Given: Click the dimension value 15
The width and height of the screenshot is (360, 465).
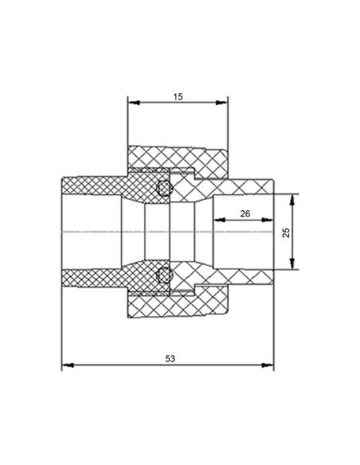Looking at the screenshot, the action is coord(178,96).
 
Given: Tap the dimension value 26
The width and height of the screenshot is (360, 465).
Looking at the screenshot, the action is coord(245,213).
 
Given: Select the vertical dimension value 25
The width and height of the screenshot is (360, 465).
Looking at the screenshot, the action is coord(287,232).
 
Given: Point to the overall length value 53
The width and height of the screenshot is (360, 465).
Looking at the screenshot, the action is coord(170,359).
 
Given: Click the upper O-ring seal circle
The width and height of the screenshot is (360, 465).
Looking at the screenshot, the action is coord(164,188).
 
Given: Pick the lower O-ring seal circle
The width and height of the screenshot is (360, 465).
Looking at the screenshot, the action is coord(164,275).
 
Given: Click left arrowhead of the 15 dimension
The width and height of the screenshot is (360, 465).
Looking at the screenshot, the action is coord(134,103).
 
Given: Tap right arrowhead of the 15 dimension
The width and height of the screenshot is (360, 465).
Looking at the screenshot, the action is coord(221,103).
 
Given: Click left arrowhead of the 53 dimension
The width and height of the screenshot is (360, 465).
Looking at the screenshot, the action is coord(68,365).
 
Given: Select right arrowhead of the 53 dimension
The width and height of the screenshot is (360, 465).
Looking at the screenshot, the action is coord(268,365).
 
